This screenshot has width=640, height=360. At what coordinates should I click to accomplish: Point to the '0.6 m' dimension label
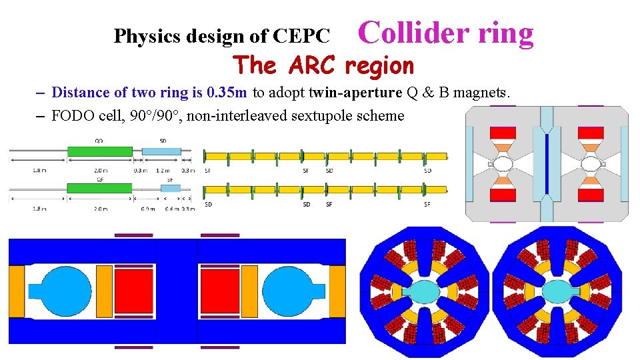pyautogui.click(x=171, y=209)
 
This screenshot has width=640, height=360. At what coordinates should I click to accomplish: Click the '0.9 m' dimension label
pyautogui.click(x=147, y=209)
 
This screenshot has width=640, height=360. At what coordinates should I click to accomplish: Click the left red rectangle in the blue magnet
pyautogui.click(x=133, y=291)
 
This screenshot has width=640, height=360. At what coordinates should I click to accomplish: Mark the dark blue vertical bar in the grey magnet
pyautogui.click(x=547, y=164)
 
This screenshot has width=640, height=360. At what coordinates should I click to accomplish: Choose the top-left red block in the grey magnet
pyautogui.click(x=502, y=133)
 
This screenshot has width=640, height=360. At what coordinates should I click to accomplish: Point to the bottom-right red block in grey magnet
pyautogui.click(x=591, y=195)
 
